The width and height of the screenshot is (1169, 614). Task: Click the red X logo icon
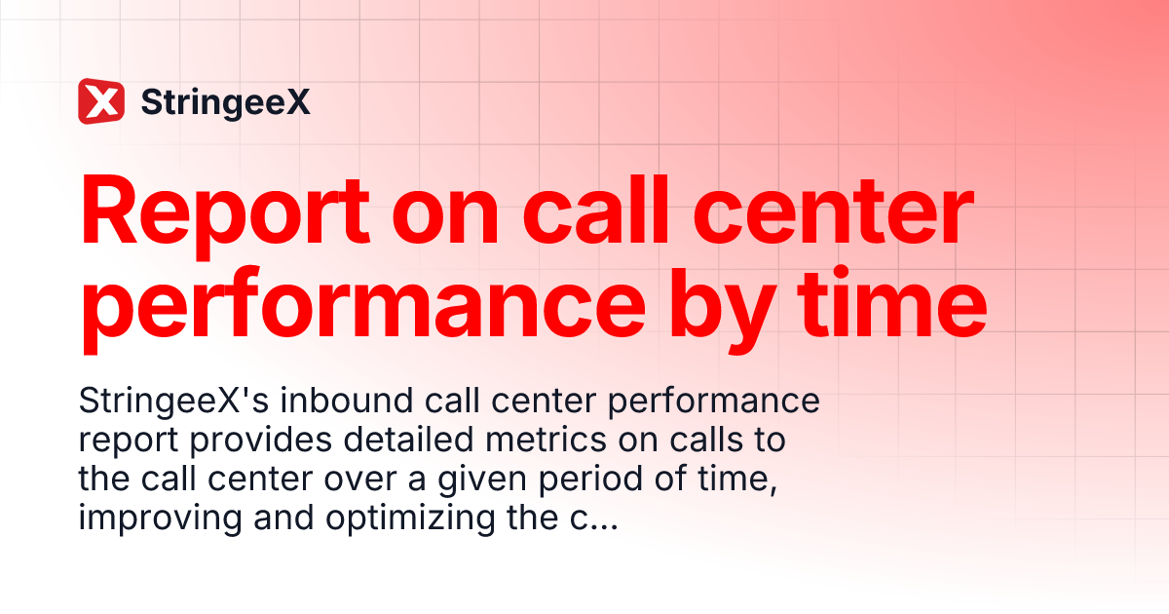point(101,101)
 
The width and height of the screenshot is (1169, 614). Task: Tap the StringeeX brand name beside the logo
point(226,101)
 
